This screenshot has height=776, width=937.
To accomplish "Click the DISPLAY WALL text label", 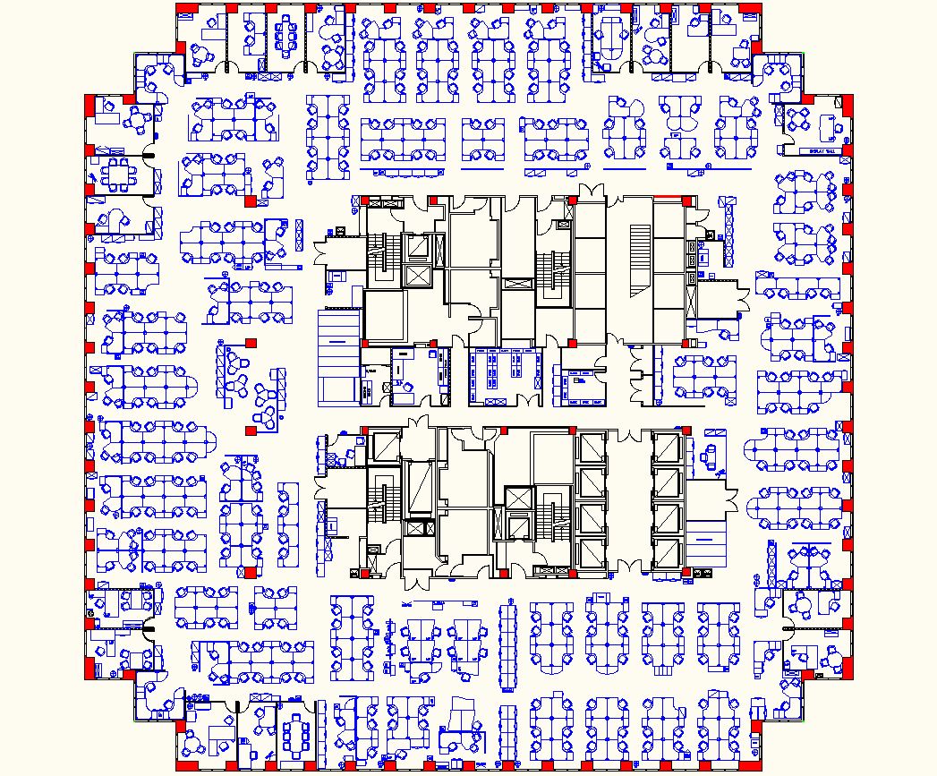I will coord(822,151).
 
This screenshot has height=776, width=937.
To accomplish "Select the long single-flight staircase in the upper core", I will coord(640,260).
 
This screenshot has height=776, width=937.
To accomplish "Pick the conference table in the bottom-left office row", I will coord(294,735).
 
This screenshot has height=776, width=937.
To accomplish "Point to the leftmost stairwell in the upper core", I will coord(380,260).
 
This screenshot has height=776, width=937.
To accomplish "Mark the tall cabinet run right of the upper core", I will coord(730,233).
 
